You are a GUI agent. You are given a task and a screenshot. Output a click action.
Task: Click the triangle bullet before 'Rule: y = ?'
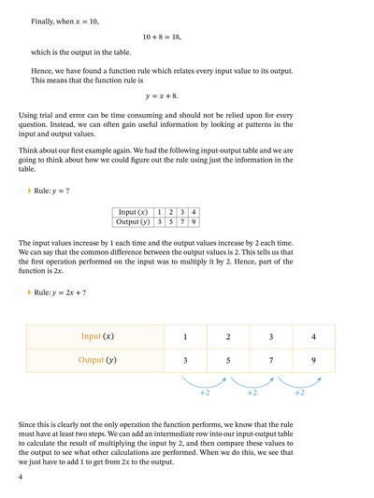coord(30,192)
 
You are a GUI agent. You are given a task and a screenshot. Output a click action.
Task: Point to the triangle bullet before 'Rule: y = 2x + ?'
coord(30,292)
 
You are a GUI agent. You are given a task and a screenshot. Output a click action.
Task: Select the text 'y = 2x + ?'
coord(72,292)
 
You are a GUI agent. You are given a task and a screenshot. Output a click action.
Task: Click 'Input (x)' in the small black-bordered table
coord(131,213)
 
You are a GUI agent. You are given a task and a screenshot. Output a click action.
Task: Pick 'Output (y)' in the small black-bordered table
coord(131,222)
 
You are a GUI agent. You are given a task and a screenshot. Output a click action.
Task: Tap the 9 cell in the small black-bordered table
coord(194,222)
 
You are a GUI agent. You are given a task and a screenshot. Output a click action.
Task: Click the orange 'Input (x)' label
coord(97,336)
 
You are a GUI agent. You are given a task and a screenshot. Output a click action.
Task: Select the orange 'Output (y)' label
coord(97,361)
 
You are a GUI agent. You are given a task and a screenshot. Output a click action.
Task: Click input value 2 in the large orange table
coord(228,336)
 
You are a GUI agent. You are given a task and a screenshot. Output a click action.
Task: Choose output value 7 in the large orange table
coord(271,361)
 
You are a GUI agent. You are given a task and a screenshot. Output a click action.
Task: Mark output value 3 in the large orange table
coord(185,361)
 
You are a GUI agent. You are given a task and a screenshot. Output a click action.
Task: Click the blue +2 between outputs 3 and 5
coord(205,393)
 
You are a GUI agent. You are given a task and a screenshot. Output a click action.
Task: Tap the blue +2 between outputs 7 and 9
coord(299,393)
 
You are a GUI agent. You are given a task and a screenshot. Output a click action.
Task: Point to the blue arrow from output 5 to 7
coord(251,381)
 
